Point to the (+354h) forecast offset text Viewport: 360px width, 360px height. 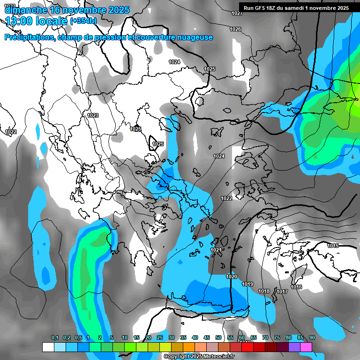pos(83,21)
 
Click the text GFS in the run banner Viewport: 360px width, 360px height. pos(262,8)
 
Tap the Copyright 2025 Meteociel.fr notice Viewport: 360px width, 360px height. pos(199,357)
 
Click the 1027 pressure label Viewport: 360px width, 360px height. pos(237,13)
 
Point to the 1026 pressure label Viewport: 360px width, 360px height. pos(235,30)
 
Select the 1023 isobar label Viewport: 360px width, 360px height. pos(93,115)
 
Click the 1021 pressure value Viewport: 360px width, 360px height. pos(216,250)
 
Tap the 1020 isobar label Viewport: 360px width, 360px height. pos(232,277)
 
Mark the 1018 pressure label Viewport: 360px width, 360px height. pos(264,292)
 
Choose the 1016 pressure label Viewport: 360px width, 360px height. pos(296,287)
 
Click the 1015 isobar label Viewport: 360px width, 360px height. pos(333,246)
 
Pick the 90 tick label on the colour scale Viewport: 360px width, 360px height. pos(312,337)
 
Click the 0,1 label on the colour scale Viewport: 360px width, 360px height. pos(55,337)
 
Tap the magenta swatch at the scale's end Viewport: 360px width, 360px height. pos(306,347)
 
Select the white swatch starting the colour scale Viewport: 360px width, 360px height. pos(48,347)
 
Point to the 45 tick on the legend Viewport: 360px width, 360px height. pos(207,337)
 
